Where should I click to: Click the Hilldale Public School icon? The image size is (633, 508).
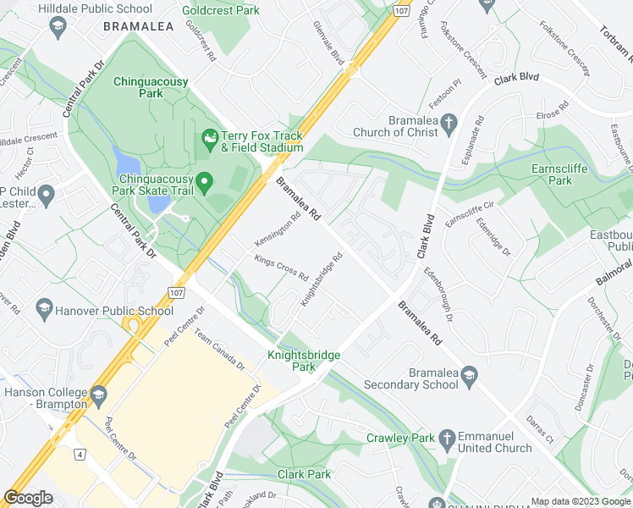pyautogui.click(x=57, y=27)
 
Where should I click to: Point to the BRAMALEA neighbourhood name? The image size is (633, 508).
pyautogui.click(x=138, y=27)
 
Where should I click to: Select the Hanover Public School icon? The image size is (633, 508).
pyautogui.click(x=44, y=310)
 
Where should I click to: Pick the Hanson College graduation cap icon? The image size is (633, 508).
pyautogui.click(x=99, y=394)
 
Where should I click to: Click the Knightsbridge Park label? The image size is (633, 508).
pyautogui.click(x=304, y=361)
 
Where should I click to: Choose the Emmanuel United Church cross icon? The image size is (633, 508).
pyautogui.click(x=448, y=438)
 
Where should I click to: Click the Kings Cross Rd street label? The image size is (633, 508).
pyautogui.click(x=281, y=267)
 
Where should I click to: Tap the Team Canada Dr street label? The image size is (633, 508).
pyautogui.click(x=219, y=350)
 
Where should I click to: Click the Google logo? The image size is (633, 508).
pyautogui.click(x=29, y=497)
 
